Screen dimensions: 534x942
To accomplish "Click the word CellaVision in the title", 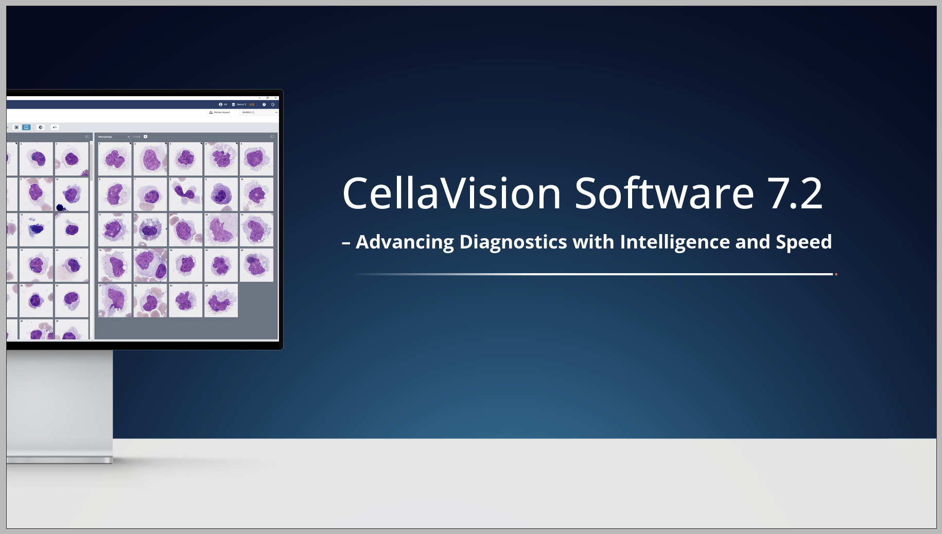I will (451, 194).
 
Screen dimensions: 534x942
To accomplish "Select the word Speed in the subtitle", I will (804, 242).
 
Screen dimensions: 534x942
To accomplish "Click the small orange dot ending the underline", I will (836, 274).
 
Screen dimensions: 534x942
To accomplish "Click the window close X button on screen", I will (275, 98).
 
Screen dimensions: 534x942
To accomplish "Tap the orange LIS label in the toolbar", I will (252, 104).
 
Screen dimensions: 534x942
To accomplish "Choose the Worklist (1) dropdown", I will (259, 112).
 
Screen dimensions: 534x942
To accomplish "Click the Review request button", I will (220, 112).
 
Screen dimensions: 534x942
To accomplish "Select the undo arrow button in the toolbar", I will (55, 127).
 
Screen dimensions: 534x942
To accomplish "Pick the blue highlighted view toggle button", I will (26, 127).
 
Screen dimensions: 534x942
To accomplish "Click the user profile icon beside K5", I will (221, 104).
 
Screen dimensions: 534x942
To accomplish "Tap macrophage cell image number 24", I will (221, 300).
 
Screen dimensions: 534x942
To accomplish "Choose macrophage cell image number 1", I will (115, 159).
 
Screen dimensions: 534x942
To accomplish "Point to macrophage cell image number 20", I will (256, 265).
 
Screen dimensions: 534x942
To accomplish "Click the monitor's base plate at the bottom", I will (59, 459).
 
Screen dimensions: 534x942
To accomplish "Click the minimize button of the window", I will (260, 98).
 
